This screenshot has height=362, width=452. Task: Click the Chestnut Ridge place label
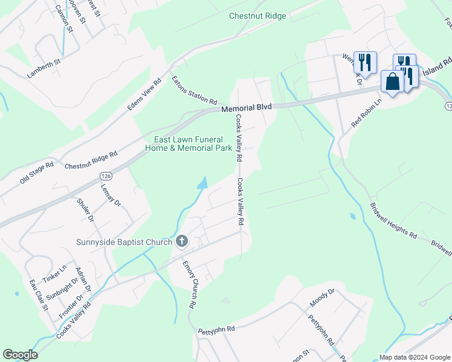[x=257, y=16]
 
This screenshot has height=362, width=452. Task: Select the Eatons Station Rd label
[x=194, y=90]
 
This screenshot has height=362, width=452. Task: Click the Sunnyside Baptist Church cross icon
[x=181, y=242]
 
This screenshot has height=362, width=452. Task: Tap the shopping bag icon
[x=392, y=81]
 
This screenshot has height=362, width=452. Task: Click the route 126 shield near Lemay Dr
[x=105, y=174]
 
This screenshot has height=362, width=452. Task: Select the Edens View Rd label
[x=144, y=95]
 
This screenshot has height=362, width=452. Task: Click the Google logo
[x=20, y=355]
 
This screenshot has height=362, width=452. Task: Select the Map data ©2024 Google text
[x=414, y=357]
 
